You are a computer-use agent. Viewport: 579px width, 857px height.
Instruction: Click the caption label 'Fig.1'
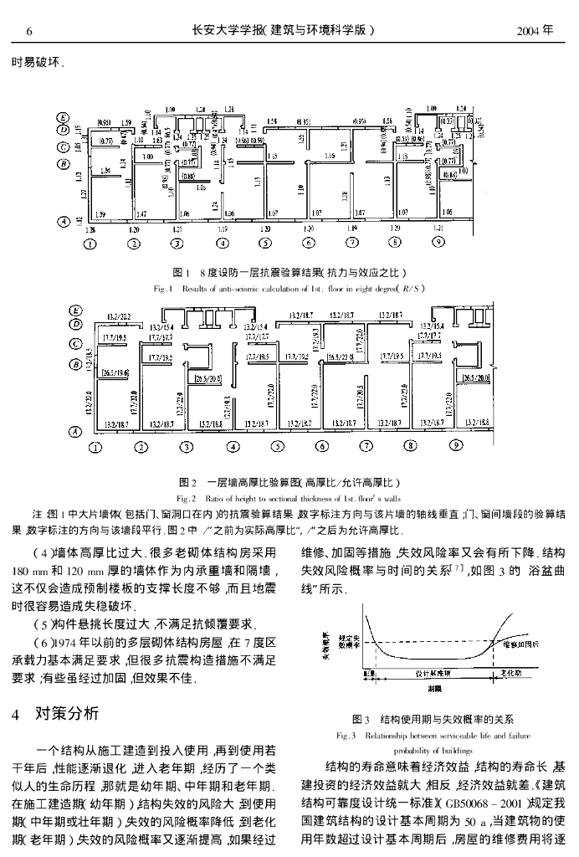(162, 286)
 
